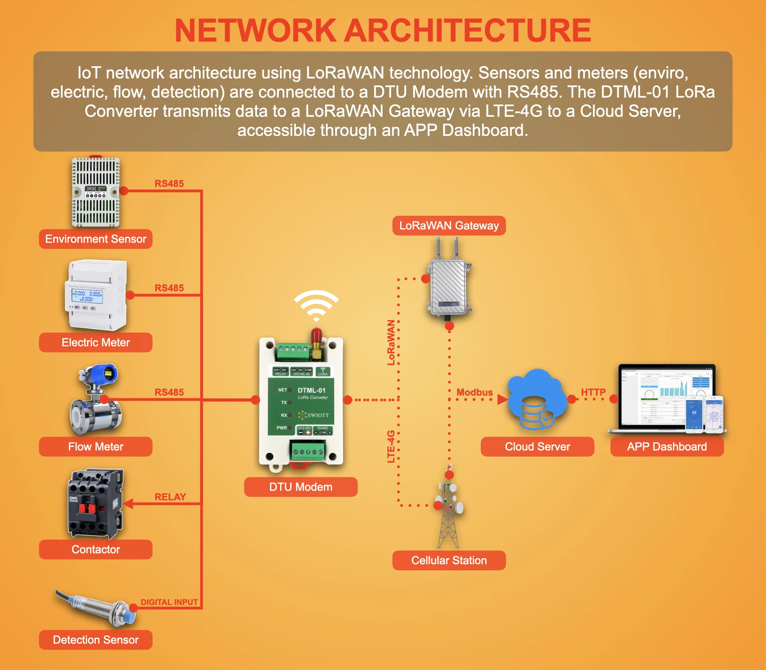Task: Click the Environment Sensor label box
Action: click(x=96, y=239)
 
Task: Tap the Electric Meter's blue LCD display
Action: click(x=87, y=296)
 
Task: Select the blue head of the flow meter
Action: click(x=102, y=374)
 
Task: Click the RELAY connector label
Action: click(x=170, y=497)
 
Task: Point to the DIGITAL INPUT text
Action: click(x=169, y=602)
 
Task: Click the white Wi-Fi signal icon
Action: click(x=316, y=305)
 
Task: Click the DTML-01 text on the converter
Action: click(x=312, y=390)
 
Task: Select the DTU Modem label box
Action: click(x=300, y=487)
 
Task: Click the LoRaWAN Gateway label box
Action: click(x=449, y=226)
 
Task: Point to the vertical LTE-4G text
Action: click(x=391, y=446)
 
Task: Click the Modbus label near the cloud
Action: click(x=474, y=392)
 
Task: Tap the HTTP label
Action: click(x=593, y=392)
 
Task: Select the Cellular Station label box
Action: click(x=449, y=560)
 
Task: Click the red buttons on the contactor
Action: click(x=87, y=508)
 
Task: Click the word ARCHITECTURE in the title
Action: click(x=468, y=31)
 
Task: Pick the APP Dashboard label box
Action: click(x=667, y=447)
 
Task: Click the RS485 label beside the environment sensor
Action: click(x=169, y=183)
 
